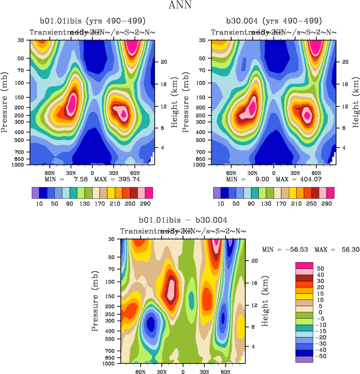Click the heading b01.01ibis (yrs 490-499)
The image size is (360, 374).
(90, 21)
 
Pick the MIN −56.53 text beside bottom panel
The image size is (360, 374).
(285, 249)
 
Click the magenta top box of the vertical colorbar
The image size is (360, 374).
(304, 266)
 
